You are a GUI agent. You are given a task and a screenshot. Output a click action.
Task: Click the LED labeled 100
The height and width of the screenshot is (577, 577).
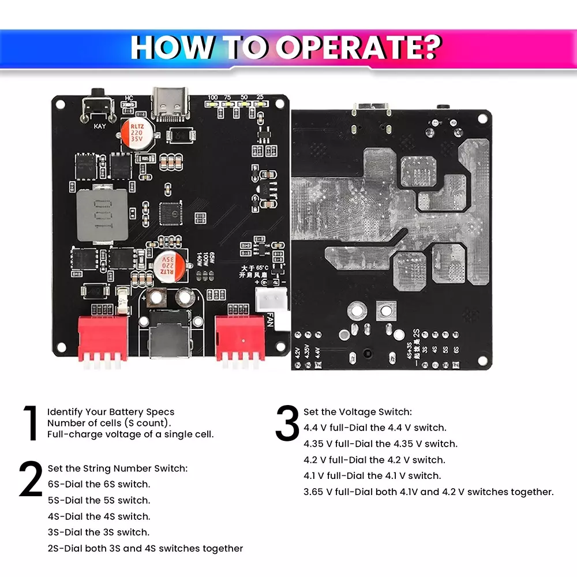[213, 104]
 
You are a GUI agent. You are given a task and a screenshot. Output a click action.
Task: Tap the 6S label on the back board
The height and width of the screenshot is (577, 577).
[455, 350]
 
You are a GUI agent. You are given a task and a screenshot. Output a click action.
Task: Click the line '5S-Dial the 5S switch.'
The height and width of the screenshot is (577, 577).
[99, 500]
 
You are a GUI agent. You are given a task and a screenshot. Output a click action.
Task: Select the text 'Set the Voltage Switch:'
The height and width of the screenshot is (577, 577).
[358, 412]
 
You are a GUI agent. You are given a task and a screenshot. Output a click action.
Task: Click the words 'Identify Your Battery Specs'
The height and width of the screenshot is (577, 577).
[111, 412]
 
